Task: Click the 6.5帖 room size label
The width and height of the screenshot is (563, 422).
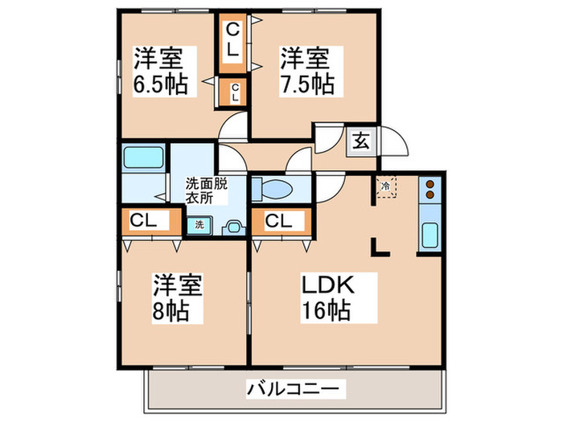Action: (x=161, y=84)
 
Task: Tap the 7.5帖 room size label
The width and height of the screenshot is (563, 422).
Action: (x=306, y=84)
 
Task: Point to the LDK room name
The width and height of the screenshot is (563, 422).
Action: (x=328, y=285)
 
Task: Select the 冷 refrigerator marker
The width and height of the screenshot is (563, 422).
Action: (x=386, y=187)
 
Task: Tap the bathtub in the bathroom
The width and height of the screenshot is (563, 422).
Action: (x=143, y=158)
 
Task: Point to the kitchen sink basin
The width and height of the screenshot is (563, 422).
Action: (x=429, y=236)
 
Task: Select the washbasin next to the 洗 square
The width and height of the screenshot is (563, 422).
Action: (x=234, y=227)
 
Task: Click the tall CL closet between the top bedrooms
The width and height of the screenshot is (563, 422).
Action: (x=233, y=39)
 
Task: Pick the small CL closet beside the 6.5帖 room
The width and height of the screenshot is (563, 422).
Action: (x=234, y=92)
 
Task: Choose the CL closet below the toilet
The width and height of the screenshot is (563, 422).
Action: (x=279, y=220)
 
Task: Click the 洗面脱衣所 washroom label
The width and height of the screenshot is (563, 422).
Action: (x=208, y=189)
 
